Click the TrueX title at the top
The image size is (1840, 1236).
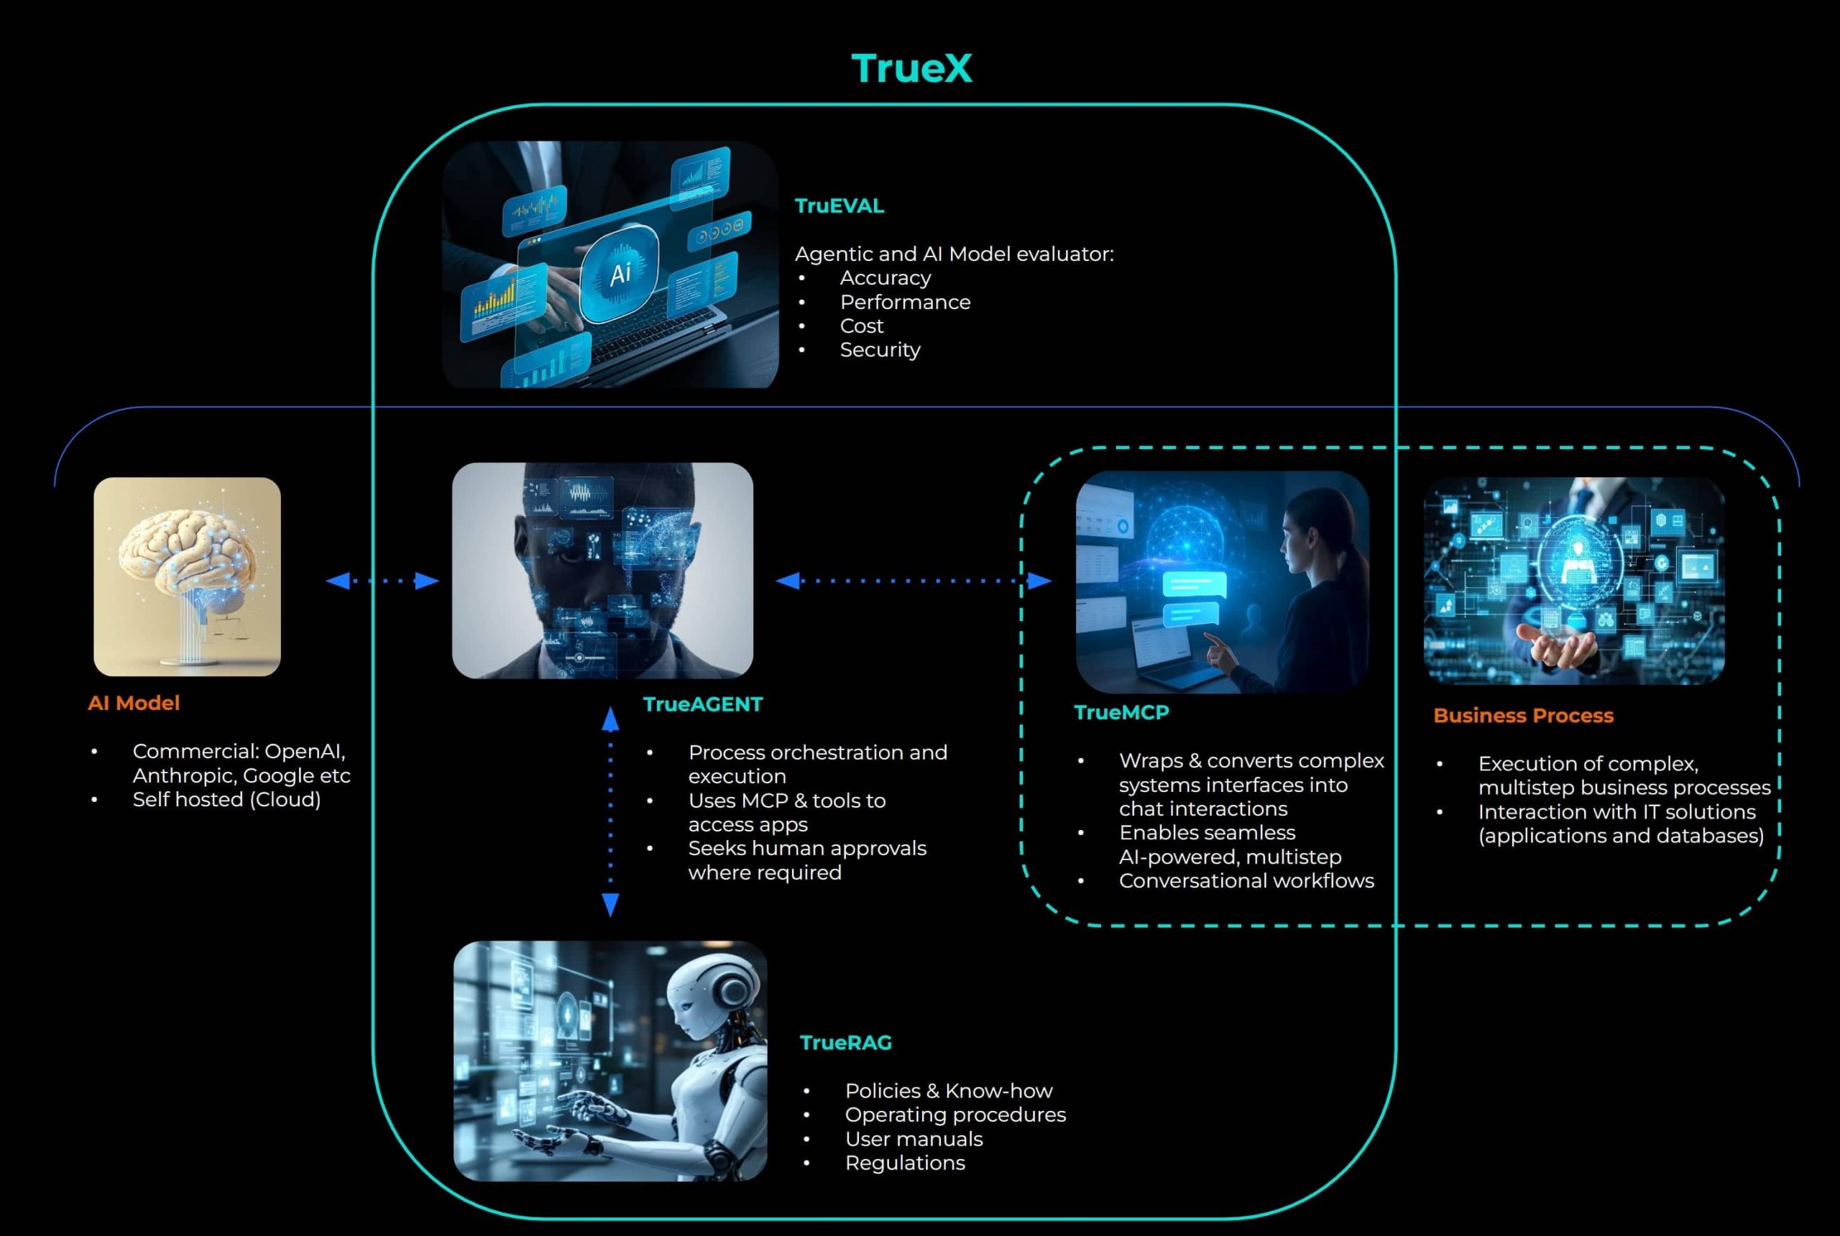pyautogui.click(x=911, y=68)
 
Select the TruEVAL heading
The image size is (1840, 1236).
pyautogui.click(x=839, y=206)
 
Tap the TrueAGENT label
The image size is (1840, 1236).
pyautogui.click(x=702, y=704)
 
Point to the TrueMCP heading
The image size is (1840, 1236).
pyautogui.click(x=1121, y=712)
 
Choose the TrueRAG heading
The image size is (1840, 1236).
pyautogui.click(x=845, y=1042)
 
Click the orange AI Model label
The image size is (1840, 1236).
pyautogui.click(x=133, y=702)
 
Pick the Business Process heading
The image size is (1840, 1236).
pyautogui.click(x=1523, y=715)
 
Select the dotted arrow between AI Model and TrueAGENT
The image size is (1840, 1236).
pyautogui.click(x=382, y=581)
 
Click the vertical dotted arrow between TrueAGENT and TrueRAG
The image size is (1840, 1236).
pyautogui.click(x=610, y=812)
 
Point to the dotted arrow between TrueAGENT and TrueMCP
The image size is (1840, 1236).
pyautogui.click(x=913, y=581)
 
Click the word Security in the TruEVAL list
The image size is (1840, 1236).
pyautogui.click(x=880, y=349)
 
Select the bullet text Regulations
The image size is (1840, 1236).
pyautogui.click(x=904, y=1163)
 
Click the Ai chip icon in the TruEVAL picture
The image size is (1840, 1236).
pyautogui.click(x=620, y=273)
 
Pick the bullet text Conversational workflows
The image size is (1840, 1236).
pyautogui.click(x=1246, y=880)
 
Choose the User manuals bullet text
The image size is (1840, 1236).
pyautogui.click(x=913, y=1139)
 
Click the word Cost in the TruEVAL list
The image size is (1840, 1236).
pyautogui.click(x=861, y=326)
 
